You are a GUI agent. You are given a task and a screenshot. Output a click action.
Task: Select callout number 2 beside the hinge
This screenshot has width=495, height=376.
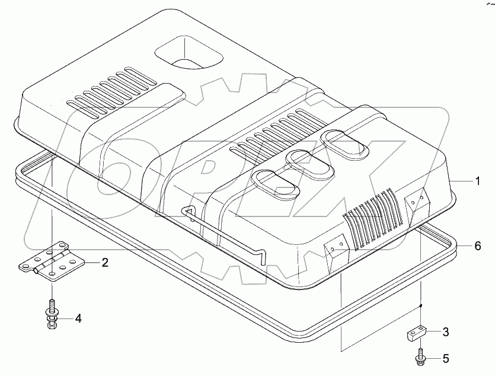[x=104, y=263]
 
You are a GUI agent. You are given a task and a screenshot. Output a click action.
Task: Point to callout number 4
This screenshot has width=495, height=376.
[x=78, y=318]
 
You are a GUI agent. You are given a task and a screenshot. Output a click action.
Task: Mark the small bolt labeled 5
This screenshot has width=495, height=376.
[x=420, y=358]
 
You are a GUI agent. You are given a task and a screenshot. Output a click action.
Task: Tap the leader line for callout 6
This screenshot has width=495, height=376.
[x=466, y=246]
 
